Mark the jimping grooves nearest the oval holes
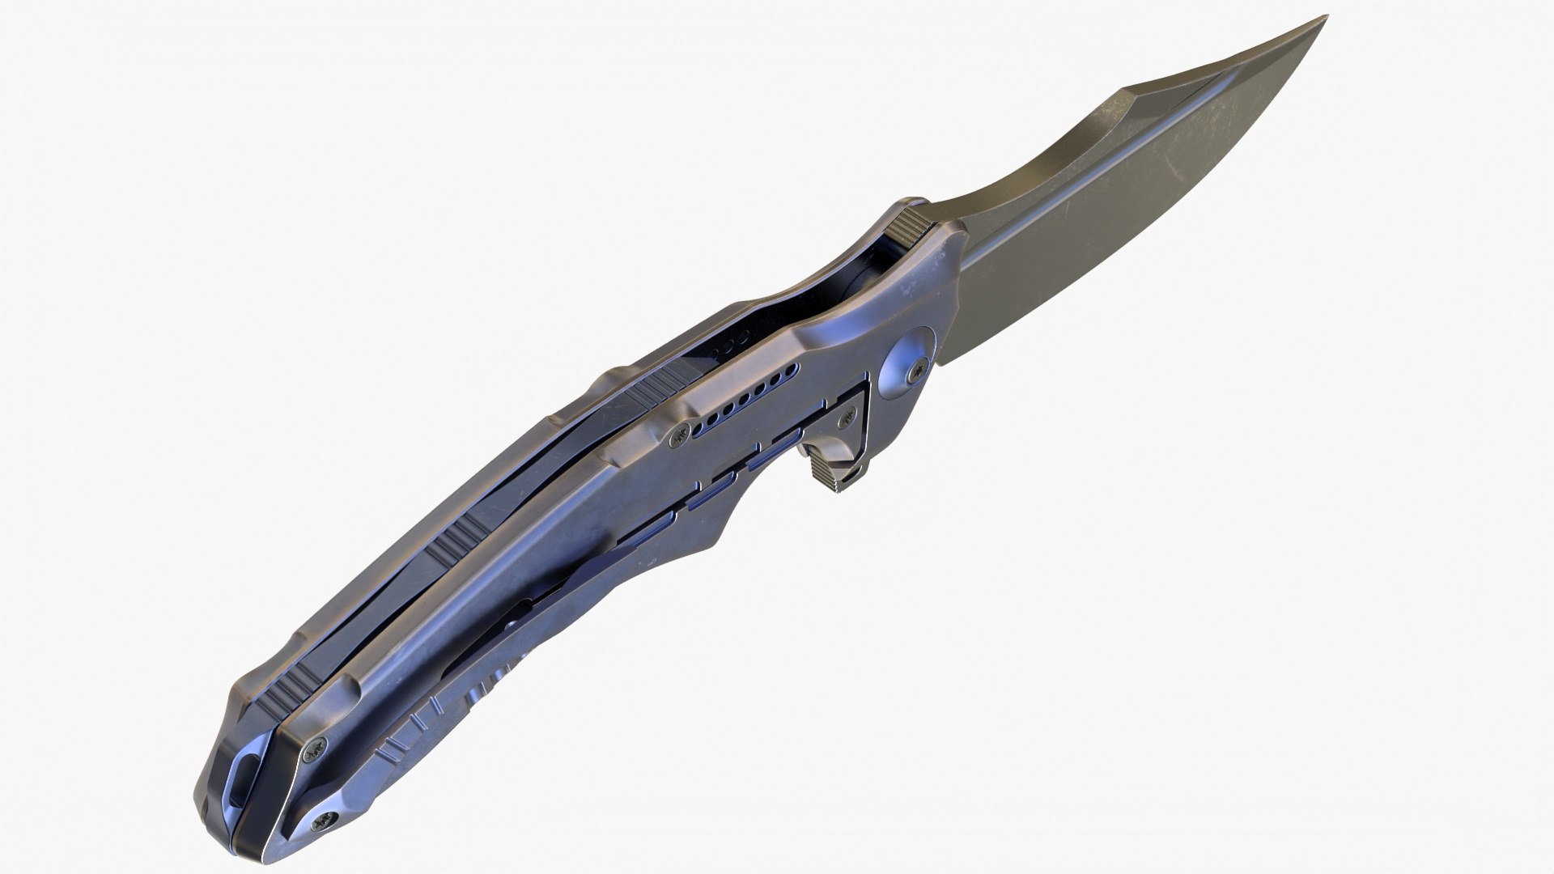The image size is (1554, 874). click(x=658, y=390)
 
